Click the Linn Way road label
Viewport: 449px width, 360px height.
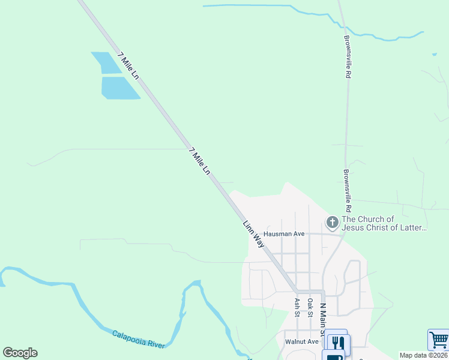pos(253,234)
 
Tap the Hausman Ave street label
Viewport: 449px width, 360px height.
pos(285,233)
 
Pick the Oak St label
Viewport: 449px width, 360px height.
pos(310,307)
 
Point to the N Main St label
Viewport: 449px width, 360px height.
pos(322,319)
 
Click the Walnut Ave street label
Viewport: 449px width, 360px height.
pos(301,341)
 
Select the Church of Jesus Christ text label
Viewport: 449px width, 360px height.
pos(384,223)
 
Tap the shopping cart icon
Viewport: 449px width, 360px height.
pos(438,340)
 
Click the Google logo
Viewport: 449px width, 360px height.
pos(20,353)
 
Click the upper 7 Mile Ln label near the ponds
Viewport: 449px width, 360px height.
pos(128,66)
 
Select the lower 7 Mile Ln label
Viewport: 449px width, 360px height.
pos(199,161)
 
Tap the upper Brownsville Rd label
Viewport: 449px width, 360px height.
pos(347,56)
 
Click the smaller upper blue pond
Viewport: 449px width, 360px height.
pos(106,62)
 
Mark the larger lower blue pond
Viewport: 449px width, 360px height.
pos(120,88)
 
